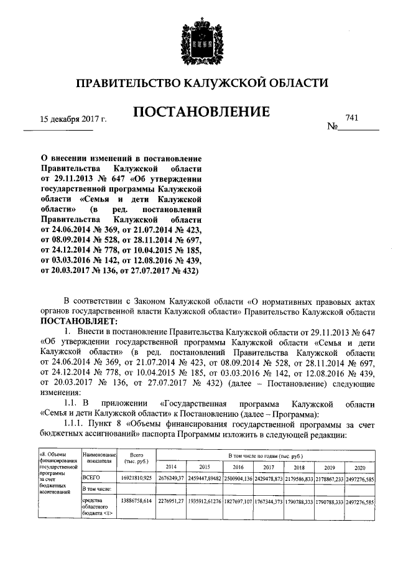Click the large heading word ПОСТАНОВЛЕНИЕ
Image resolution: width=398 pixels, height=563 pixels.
point(201,112)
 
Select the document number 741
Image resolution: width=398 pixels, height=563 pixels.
point(352,117)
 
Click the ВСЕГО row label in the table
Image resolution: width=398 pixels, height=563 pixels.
point(91,478)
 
